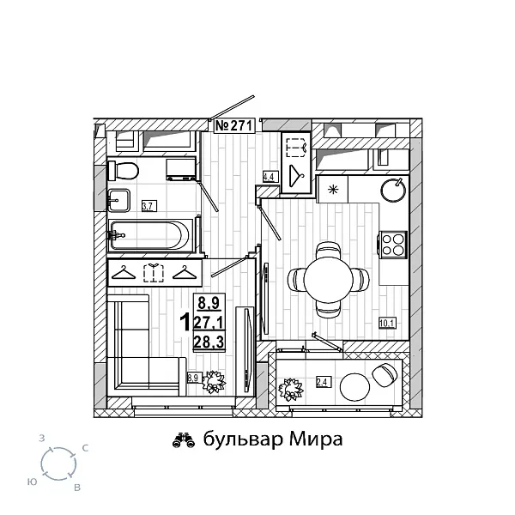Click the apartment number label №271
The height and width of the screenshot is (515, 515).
click(x=232, y=125)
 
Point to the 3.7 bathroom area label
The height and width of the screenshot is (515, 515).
click(x=147, y=205)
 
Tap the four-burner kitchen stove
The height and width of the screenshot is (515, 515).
click(x=391, y=244)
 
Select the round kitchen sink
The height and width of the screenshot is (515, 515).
click(x=393, y=188)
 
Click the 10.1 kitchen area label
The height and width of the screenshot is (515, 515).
click(x=385, y=324)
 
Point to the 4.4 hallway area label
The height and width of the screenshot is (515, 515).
click(x=268, y=178)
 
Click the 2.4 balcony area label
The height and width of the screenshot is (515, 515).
click(x=323, y=382)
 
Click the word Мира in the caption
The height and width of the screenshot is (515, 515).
click(x=315, y=439)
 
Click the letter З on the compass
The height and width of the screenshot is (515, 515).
click(x=42, y=438)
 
